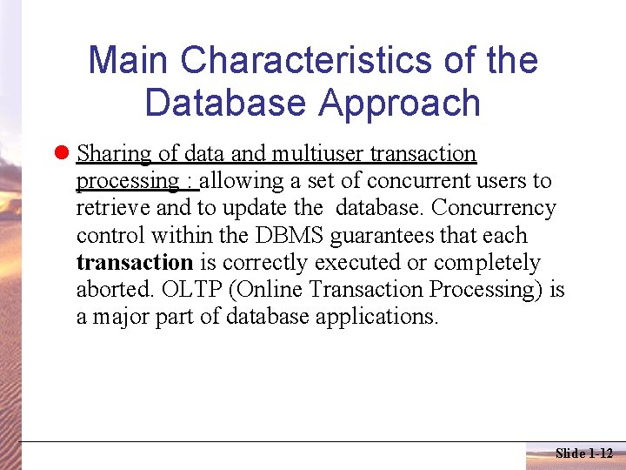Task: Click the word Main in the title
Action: pos(130,61)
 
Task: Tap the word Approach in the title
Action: pos(399,103)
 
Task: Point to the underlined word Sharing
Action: pos(114,154)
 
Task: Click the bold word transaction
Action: pos(134,263)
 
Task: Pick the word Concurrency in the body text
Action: pos(493,208)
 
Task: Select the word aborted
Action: pos(110,290)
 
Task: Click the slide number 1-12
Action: pos(601,453)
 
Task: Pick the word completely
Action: pos(486,263)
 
